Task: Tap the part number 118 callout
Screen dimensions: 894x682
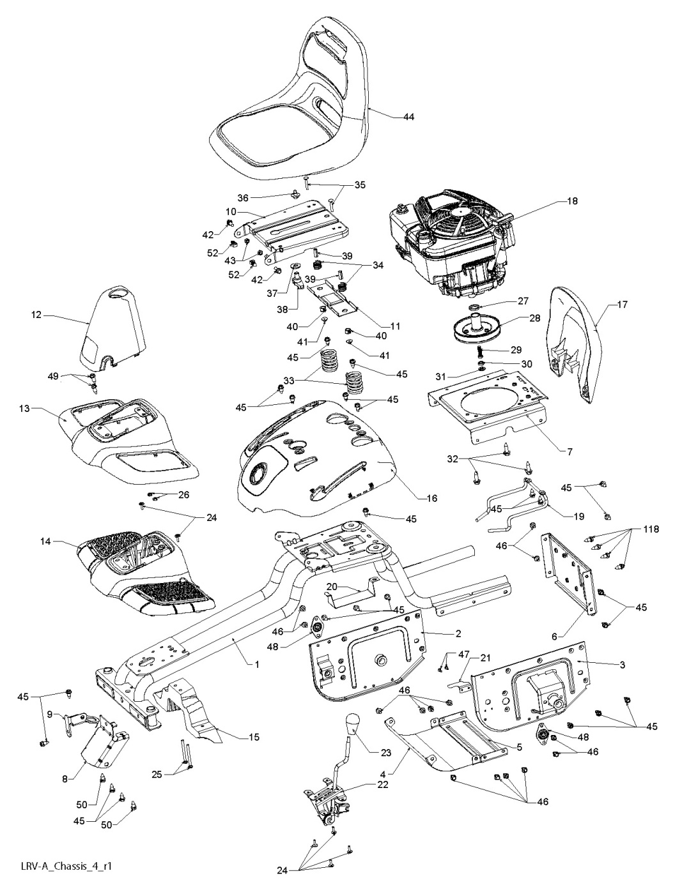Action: click(x=651, y=529)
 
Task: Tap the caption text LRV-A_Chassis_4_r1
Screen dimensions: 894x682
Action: click(x=61, y=867)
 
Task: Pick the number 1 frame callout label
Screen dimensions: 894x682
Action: click(x=256, y=664)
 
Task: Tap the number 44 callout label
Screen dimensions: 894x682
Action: click(x=408, y=117)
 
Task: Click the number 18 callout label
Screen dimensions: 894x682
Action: click(x=572, y=201)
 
